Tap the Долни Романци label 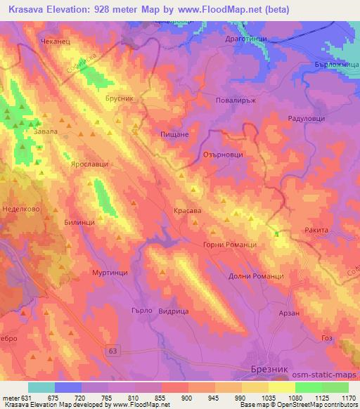pos(256,276)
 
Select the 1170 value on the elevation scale pos(349,397)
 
